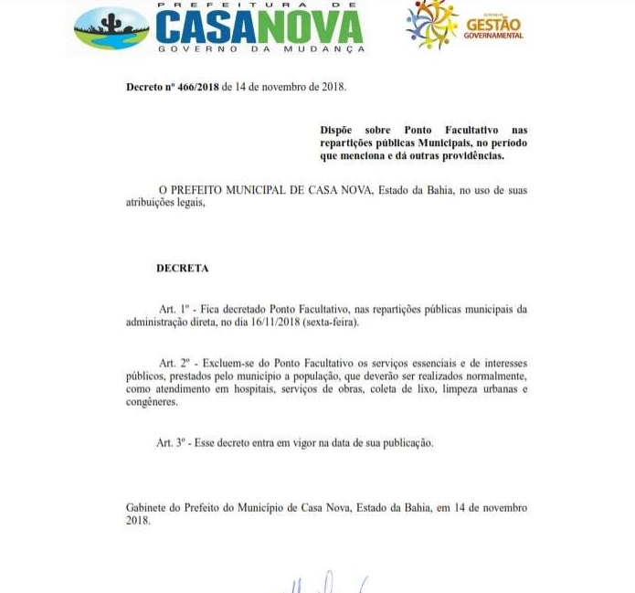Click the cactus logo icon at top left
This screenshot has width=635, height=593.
point(111,27)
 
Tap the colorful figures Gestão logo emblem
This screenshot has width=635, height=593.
point(432,25)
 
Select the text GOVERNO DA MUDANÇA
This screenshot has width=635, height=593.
point(260,48)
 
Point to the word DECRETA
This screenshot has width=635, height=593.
point(182,269)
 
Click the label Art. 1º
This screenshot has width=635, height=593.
point(173,309)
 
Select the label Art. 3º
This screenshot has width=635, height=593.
point(172,443)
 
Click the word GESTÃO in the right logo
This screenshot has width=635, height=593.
point(493,22)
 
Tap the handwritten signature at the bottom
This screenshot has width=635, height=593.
point(324,583)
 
